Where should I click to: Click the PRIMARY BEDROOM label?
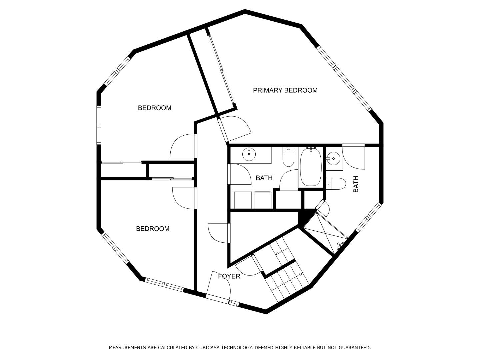pyautogui.click(x=285, y=90)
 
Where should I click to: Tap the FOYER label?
pyautogui.click(x=229, y=276)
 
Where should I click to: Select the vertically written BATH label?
pyautogui.click(x=356, y=184)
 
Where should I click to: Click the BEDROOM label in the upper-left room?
pyautogui.click(x=155, y=108)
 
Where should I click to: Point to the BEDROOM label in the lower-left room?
pyautogui.click(x=153, y=229)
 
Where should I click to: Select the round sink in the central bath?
pyautogui.click(x=249, y=154)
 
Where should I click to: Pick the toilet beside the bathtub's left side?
pyautogui.click(x=288, y=157)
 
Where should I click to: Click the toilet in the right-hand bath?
pyautogui.click(x=336, y=183)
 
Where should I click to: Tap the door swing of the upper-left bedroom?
pyautogui.click(x=183, y=147)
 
